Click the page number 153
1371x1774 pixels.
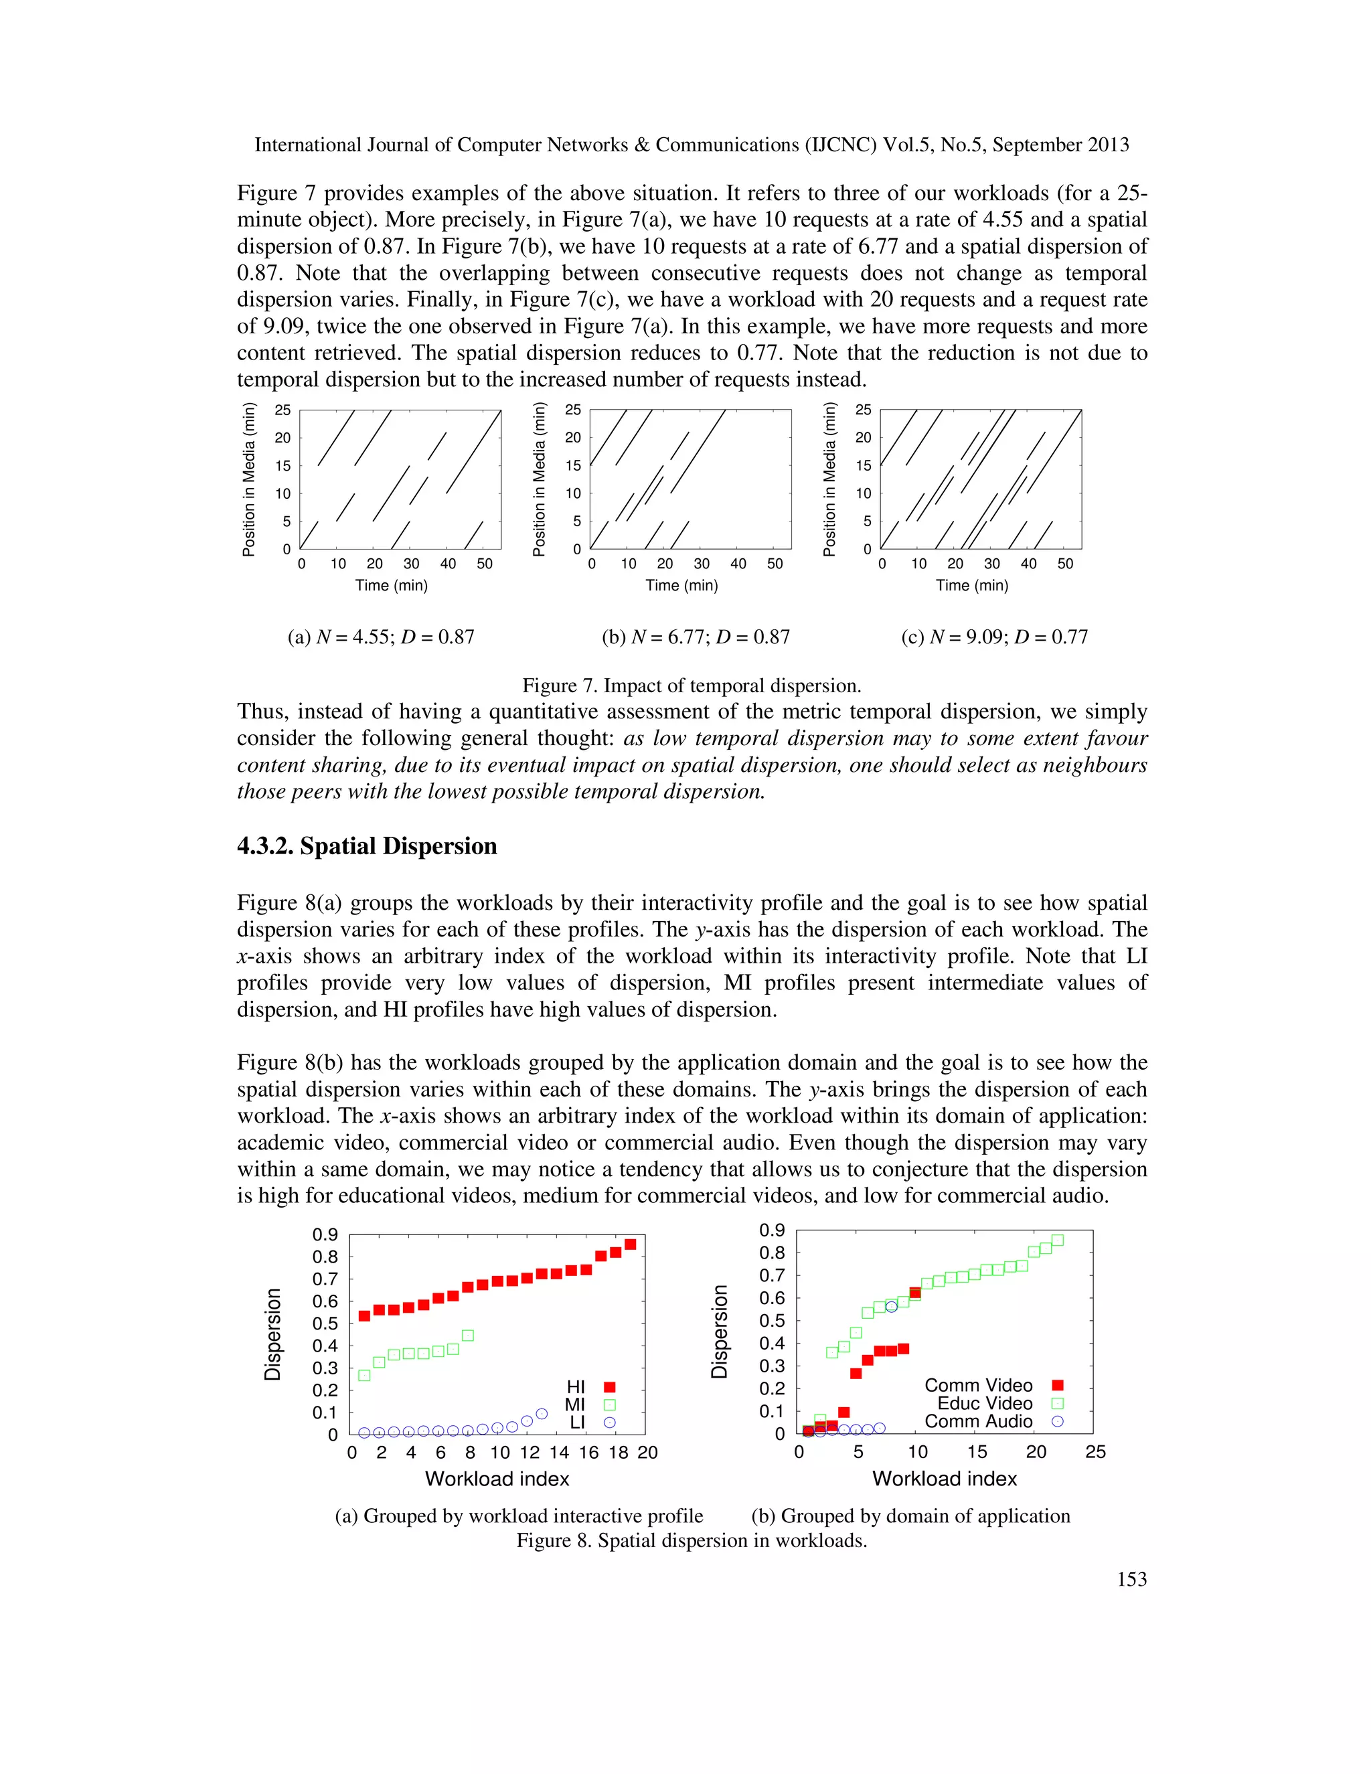1131,1579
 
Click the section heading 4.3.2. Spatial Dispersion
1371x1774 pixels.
366,846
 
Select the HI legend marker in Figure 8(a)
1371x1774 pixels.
610,1386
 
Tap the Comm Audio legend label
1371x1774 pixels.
978,1421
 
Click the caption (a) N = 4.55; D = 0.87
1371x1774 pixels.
381,637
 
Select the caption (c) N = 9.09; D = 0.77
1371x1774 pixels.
994,637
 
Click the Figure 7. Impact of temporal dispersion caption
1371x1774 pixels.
691,686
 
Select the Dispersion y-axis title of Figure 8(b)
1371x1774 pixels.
719,1332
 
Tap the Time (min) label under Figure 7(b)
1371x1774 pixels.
681,586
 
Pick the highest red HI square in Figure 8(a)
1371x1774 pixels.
630,1244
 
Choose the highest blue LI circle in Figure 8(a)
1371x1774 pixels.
542,1413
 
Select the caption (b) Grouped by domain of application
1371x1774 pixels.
910,1516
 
